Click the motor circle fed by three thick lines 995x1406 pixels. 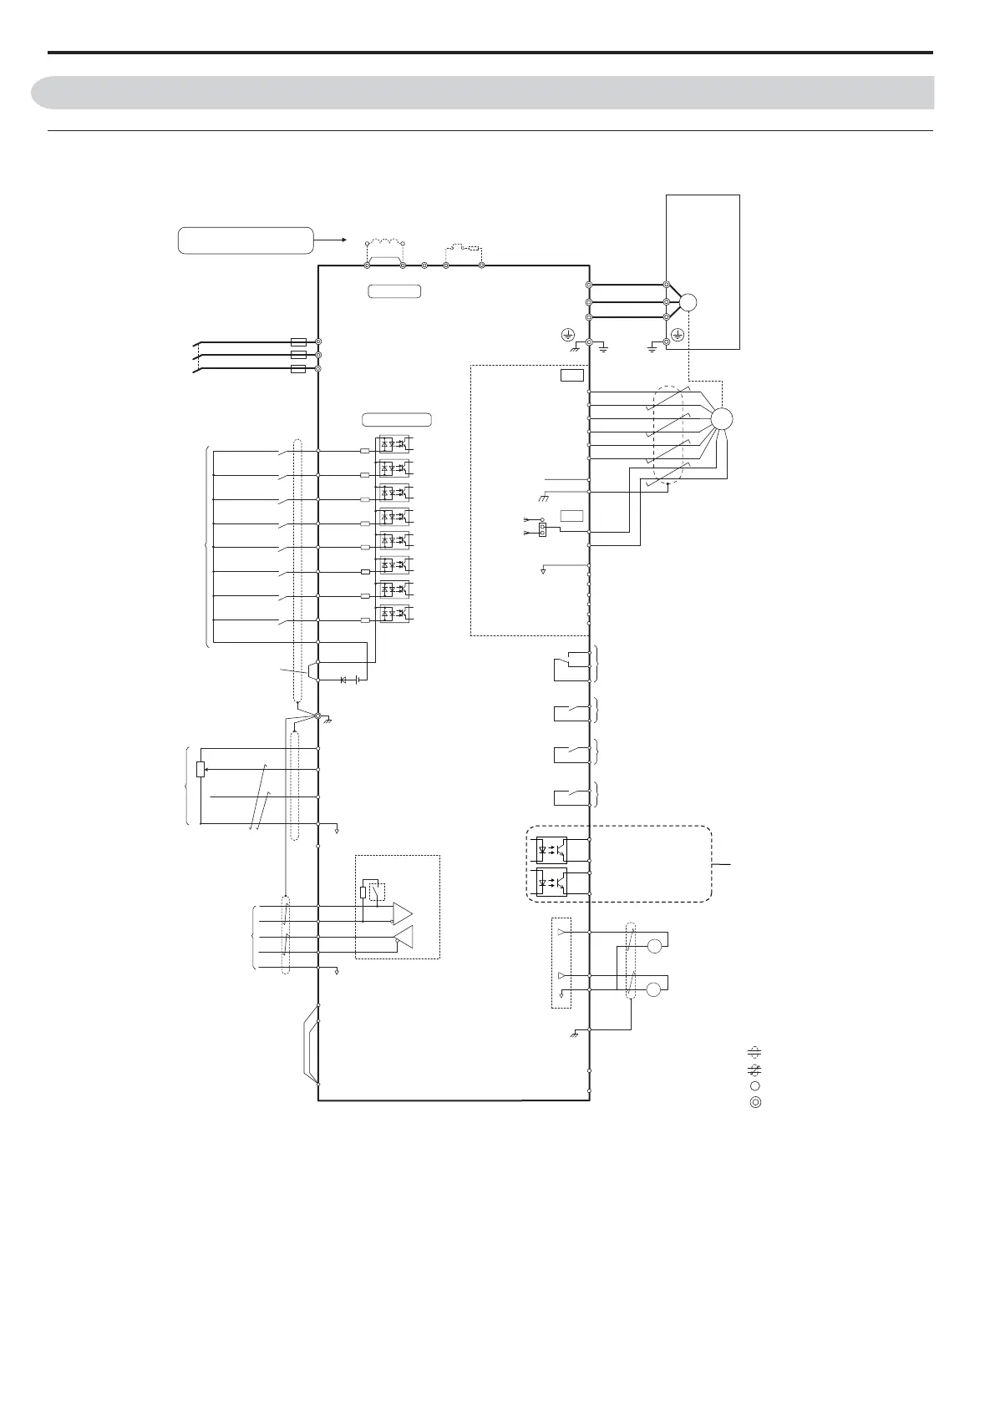click(x=688, y=302)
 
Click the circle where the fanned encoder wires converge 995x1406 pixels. click(x=720, y=419)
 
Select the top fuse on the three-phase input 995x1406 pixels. click(x=297, y=341)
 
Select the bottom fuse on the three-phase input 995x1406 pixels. click(x=297, y=368)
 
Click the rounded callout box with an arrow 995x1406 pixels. click(x=245, y=240)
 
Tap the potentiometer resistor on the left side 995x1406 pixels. click(x=201, y=769)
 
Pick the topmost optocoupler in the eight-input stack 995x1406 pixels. click(x=393, y=443)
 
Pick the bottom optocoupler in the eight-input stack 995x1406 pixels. click(x=393, y=613)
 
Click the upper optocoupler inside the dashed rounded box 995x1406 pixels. click(x=551, y=849)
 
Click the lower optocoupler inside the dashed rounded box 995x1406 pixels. click(x=551, y=881)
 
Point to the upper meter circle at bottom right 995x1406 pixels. click(x=655, y=946)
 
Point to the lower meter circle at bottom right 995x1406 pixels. click(x=655, y=990)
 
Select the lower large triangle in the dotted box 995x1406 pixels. click(x=404, y=939)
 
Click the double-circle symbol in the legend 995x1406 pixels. click(x=754, y=1102)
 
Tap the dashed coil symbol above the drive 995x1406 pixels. click(x=385, y=245)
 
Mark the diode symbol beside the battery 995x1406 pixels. click(x=343, y=680)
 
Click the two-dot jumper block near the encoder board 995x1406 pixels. click(x=543, y=530)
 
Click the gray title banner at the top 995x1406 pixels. click(x=482, y=93)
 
